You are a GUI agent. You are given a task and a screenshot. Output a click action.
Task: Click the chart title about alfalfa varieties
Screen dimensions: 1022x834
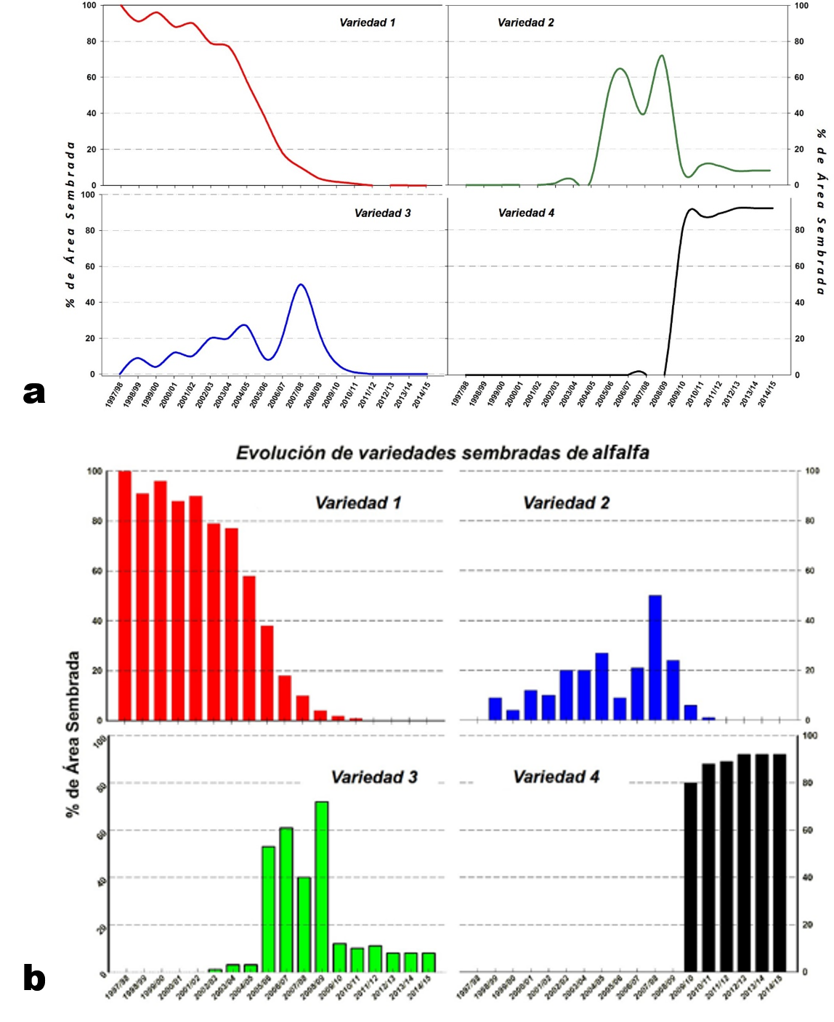(442, 453)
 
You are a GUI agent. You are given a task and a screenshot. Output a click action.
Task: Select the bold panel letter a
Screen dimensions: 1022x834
(34, 393)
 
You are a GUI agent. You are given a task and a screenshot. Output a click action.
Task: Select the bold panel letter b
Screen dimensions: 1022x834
(34, 978)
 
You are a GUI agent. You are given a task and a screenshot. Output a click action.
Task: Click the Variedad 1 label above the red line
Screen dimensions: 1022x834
(367, 23)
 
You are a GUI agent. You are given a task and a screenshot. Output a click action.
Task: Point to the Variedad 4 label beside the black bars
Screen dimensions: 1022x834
(556, 777)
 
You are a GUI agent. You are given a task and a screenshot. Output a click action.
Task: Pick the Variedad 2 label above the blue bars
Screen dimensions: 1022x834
(566, 502)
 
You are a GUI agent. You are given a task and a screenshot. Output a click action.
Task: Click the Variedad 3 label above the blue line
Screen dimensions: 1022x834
(382, 213)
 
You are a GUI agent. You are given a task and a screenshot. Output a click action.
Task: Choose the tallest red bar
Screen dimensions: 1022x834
(124, 595)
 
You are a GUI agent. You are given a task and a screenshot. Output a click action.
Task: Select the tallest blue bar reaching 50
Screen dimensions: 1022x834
(655, 658)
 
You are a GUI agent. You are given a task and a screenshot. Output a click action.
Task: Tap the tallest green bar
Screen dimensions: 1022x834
(321, 886)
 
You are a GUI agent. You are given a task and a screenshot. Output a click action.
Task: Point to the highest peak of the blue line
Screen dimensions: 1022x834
(301, 285)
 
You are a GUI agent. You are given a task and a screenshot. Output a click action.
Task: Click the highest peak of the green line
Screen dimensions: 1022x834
(661, 56)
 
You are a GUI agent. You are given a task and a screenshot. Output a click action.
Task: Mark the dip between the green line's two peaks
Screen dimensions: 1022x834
(642, 114)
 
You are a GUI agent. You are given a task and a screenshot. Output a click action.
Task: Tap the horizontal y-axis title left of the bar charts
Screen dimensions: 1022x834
(73, 734)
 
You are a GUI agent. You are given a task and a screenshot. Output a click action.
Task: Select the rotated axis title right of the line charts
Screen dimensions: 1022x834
(821, 211)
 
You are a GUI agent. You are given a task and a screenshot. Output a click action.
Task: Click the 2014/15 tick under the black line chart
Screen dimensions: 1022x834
(767, 393)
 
